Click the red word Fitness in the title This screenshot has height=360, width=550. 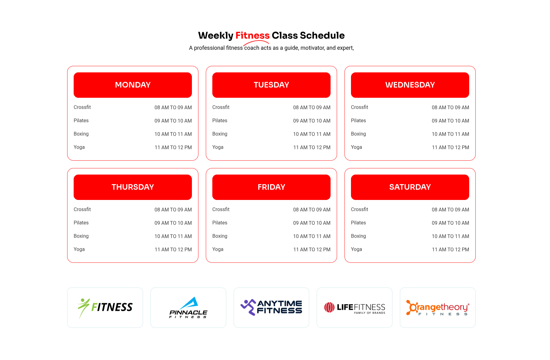[252, 36]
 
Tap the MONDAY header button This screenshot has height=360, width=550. [133, 85]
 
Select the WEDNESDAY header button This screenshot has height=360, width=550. [410, 85]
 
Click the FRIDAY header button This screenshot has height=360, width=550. [271, 187]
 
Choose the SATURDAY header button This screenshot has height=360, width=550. [410, 187]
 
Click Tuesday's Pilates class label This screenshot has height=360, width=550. [220, 121]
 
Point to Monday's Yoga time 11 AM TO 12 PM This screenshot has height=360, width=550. [173, 148]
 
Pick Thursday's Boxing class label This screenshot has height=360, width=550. [81, 236]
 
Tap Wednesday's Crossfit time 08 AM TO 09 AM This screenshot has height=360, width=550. [450, 107]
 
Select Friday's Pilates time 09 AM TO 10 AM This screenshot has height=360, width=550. [312, 223]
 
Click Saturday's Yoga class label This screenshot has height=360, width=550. [357, 249]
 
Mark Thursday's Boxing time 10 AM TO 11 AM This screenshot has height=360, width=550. [173, 236]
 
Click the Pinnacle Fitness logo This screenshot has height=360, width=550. [188, 308]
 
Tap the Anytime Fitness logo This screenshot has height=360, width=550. [271, 307]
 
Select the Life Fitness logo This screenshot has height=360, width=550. [355, 308]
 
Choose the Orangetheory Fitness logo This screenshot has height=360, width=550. [438, 308]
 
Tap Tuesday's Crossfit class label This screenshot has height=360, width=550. [221, 107]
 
